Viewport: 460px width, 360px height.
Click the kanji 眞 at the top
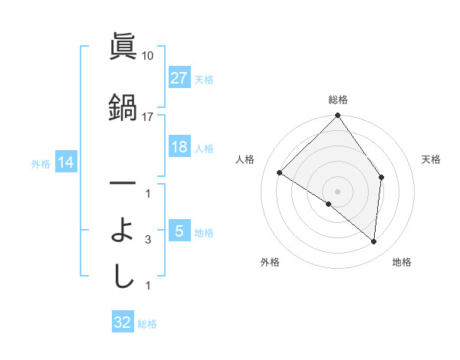123,47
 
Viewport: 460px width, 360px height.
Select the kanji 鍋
123,106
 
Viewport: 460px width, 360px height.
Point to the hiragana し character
123,276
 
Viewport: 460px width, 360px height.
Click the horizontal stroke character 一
123,184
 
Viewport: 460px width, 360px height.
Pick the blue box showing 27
179,78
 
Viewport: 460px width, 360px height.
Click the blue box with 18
179,148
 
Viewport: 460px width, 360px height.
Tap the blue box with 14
65,162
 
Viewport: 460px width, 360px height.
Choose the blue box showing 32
123,322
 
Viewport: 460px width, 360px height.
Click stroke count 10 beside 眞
148,56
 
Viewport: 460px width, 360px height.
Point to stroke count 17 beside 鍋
148,116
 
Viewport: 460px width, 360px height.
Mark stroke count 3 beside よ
148,240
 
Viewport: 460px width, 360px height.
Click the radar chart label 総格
337,100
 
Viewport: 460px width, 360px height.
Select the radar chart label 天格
432,159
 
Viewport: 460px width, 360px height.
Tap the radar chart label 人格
245,159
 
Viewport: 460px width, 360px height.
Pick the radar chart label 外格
270,262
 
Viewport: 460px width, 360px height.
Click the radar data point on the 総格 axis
337,116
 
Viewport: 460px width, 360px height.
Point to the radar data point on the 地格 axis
374,242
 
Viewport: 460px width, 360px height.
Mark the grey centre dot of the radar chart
337,191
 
